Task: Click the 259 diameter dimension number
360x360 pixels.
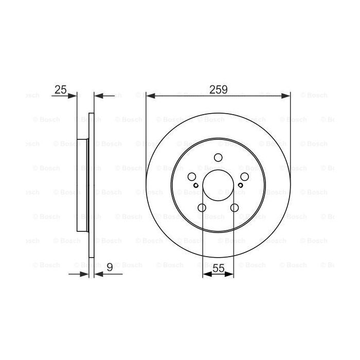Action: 219,89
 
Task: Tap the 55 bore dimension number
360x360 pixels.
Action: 219,268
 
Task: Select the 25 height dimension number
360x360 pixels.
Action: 61,89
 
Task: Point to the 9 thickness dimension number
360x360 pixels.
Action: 110,268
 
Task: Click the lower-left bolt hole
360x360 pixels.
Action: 202,207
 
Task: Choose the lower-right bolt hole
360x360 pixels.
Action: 235,207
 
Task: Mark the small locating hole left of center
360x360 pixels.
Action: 196,185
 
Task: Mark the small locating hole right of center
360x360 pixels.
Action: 240,185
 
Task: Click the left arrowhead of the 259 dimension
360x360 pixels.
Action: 150,95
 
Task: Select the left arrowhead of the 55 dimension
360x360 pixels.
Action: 206,275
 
